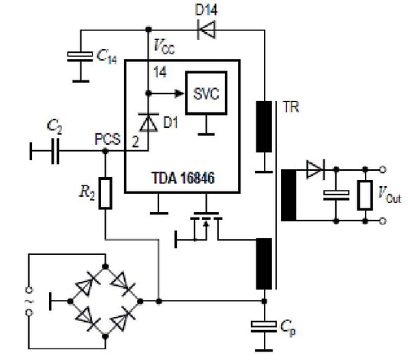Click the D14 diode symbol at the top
pos(204,31)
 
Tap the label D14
pos(204,10)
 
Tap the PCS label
pos(106,140)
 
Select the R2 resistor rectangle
pos(106,194)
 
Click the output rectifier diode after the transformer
pos(315,169)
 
